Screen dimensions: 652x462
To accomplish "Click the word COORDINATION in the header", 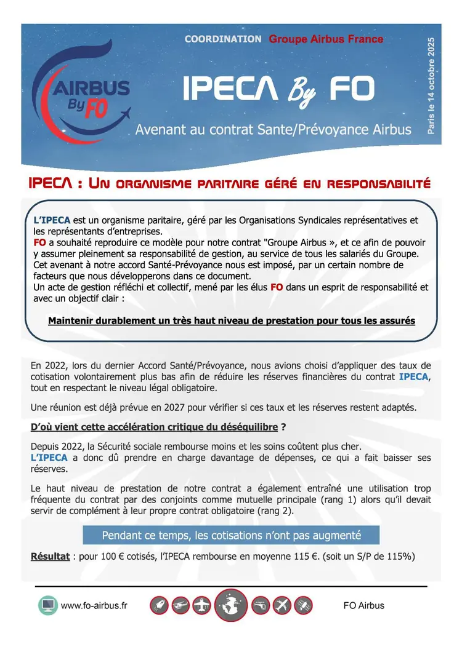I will pyautogui.click(x=223, y=39).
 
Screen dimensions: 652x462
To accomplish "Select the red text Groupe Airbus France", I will pyautogui.click(x=326, y=39).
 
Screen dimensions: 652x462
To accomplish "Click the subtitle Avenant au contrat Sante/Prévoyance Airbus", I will pyautogui.click(x=273, y=130).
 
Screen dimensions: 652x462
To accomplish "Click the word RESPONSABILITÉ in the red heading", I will pyautogui.click(x=378, y=183).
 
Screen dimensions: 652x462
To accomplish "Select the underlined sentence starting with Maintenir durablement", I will pyautogui.click(x=231, y=320).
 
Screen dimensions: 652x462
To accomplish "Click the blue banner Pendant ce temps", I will pyautogui.click(x=231, y=535).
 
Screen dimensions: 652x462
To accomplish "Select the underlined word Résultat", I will pyautogui.click(x=50, y=557).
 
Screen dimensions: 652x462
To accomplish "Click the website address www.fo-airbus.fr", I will pyautogui.click(x=94, y=605).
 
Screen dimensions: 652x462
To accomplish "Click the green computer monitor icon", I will pyautogui.click(x=47, y=605).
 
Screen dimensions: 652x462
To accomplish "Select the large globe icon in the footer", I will pyautogui.click(x=231, y=605).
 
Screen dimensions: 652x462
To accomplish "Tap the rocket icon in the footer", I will pyautogui.click(x=159, y=605).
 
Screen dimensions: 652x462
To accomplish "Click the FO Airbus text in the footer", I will pyautogui.click(x=363, y=605).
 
